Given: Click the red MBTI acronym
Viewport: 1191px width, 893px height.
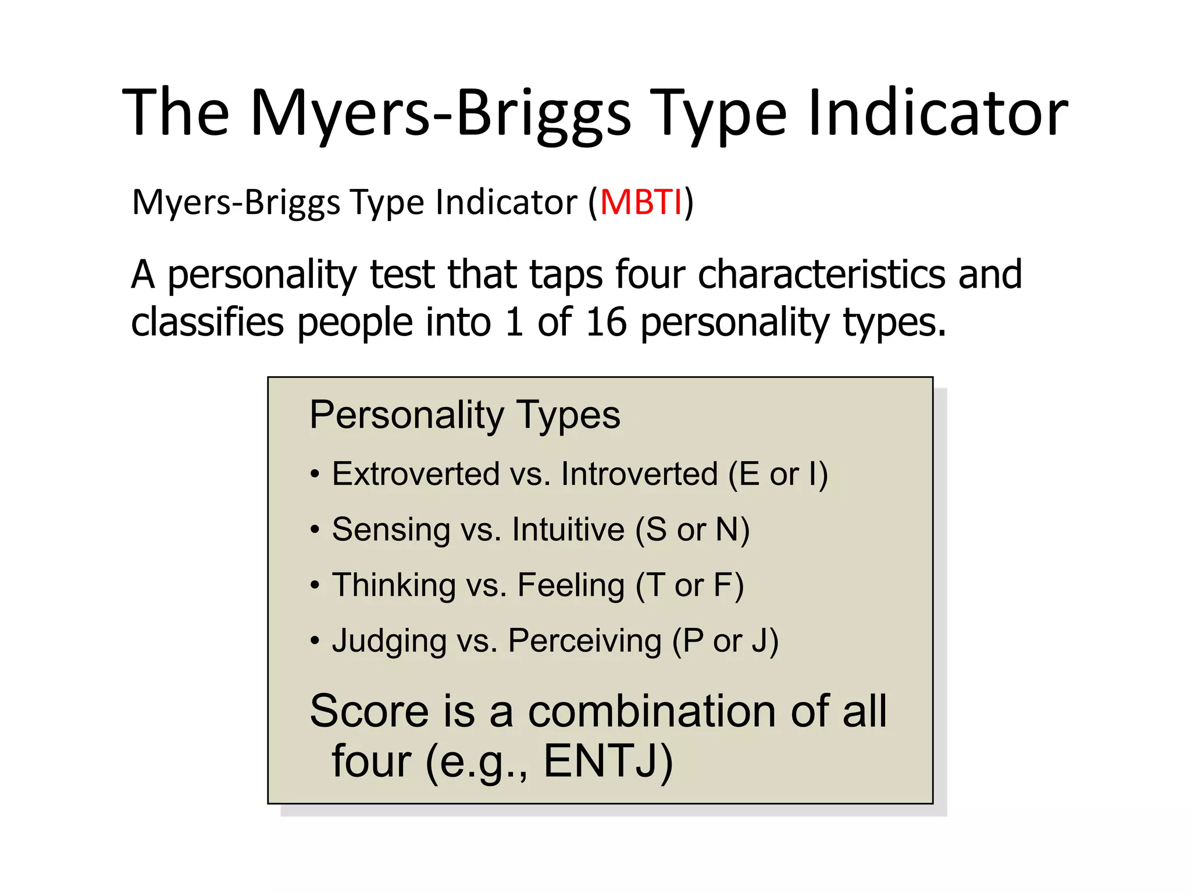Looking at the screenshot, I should pyautogui.click(x=640, y=202).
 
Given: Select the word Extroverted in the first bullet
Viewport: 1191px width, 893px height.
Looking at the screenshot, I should pyautogui.click(x=416, y=473).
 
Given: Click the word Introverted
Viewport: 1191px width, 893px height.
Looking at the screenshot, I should pyautogui.click(x=640, y=473).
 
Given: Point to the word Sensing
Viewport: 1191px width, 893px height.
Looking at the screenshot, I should pyautogui.click(x=391, y=529).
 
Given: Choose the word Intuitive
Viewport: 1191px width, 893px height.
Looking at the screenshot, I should pyautogui.click(x=568, y=529).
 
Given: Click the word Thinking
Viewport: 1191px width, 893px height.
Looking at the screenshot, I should pyautogui.click(x=394, y=585).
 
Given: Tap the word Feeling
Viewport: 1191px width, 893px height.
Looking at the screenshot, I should pyautogui.click(x=571, y=585).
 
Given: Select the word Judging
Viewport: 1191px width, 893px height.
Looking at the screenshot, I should pyautogui.click(x=388, y=641).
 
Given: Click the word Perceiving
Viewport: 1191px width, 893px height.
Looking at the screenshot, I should pyautogui.click(x=585, y=641).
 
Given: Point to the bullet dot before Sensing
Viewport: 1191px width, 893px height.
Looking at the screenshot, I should pyautogui.click(x=315, y=530).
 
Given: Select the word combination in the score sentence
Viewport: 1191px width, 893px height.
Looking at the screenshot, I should pyautogui.click(x=651, y=710).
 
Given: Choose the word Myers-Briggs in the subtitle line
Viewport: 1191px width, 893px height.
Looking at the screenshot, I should pyautogui.click(x=236, y=202).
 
